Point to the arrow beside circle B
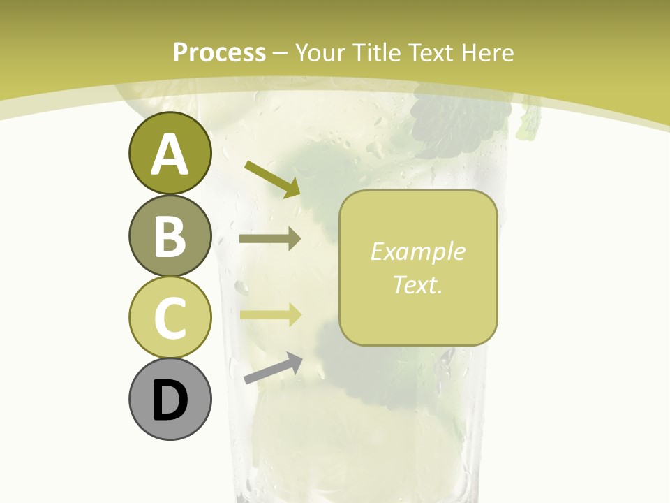[x=270, y=239]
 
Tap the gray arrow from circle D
[x=273, y=368]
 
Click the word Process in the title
[x=219, y=53]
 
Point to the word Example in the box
[x=418, y=251]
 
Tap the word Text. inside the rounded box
[x=418, y=284]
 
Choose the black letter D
[x=170, y=401]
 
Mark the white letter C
[x=170, y=318]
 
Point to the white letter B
[x=170, y=236]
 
